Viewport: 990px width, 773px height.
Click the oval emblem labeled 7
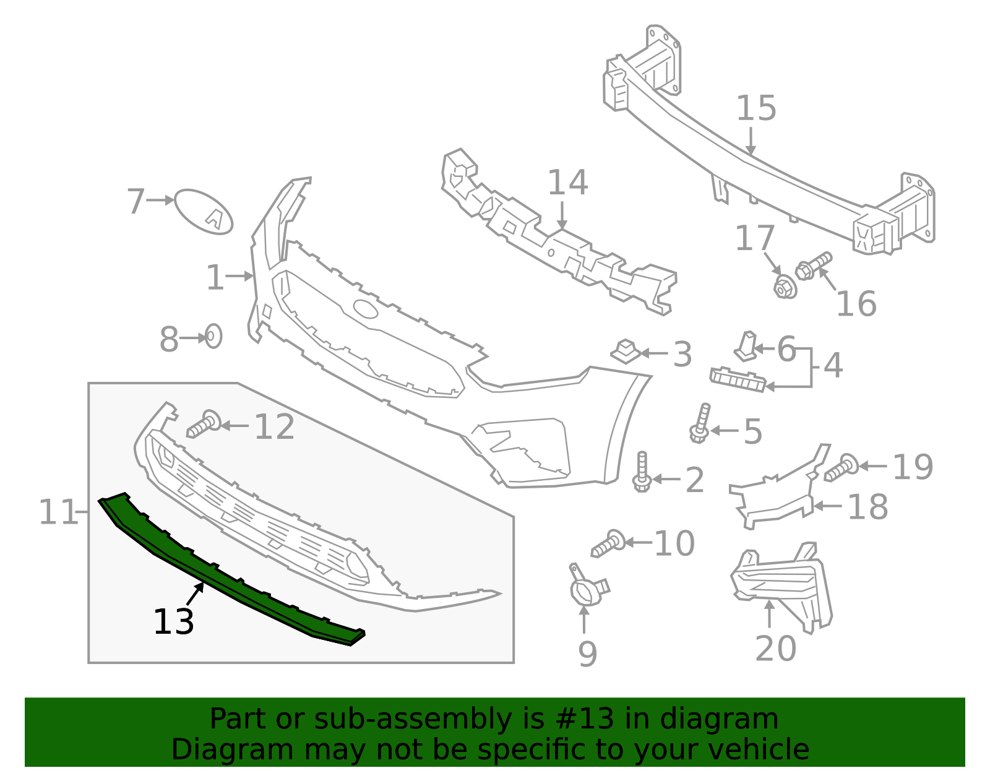point(204,212)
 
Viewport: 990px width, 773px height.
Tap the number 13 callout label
point(173,622)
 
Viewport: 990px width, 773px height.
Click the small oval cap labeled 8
point(213,336)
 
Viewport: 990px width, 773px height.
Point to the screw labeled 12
point(204,424)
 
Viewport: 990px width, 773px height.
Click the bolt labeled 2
point(642,473)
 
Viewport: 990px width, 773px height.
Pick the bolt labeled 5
point(701,424)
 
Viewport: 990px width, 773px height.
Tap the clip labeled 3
point(626,351)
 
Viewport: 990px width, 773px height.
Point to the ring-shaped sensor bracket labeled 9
point(585,590)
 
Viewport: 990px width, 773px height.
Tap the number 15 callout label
point(756,108)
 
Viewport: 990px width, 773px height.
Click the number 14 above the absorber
point(567,183)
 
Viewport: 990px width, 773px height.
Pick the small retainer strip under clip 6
point(738,379)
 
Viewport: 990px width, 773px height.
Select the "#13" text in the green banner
point(580,719)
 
